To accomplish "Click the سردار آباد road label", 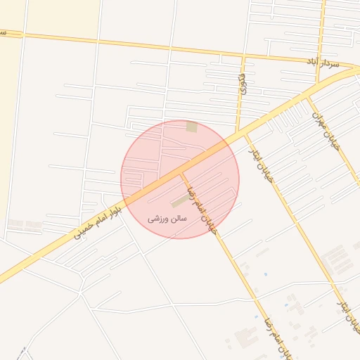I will pyautogui.click(x=323, y=64).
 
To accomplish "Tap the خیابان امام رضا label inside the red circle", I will pyautogui.click(x=202, y=208).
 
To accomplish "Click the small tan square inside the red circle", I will pyautogui.click(x=191, y=127).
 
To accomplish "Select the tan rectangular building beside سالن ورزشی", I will pyautogui.click(x=179, y=203).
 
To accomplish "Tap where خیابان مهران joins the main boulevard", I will pyautogui.click(x=307, y=96).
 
